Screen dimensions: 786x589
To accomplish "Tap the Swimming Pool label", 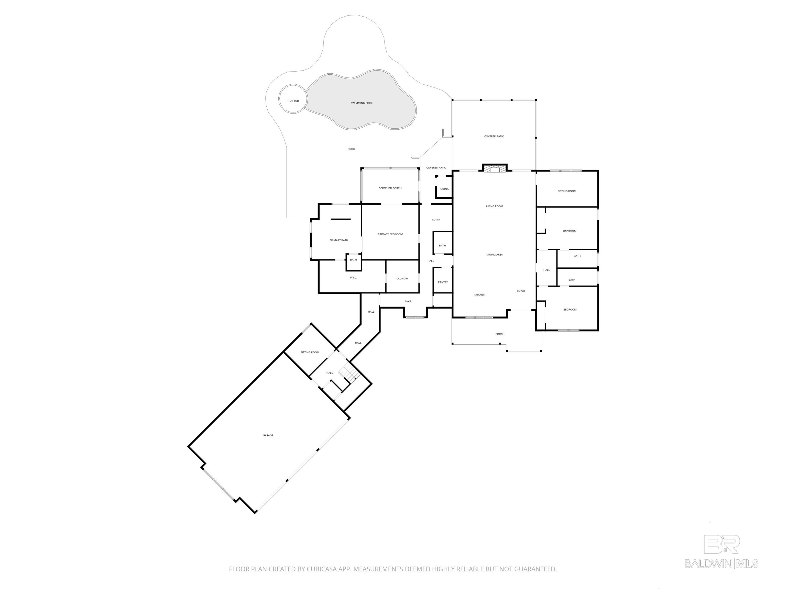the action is click(x=362, y=103).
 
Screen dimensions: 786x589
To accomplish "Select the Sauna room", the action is click(x=444, y=187).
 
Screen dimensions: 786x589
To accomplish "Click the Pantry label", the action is click(x=443, y=282).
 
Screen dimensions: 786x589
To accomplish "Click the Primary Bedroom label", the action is click(x=390, y=234).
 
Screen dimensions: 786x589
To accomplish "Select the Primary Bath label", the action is click(x=339, y=240).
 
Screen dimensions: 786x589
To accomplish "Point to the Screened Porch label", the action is click(x=390, y=188).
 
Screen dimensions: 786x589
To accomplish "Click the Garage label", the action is click(x=268, y=435).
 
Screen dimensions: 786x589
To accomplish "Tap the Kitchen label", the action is click(x=480, y=295).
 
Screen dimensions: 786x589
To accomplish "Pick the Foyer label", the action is click(x=521, y=291).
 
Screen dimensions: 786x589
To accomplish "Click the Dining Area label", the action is click(x=495, y=255).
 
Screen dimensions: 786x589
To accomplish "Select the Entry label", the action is click(x=436, y=220).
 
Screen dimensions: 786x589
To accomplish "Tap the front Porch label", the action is click(x=500, y=334).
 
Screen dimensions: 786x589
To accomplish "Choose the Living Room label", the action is click(x=495, y=206).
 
